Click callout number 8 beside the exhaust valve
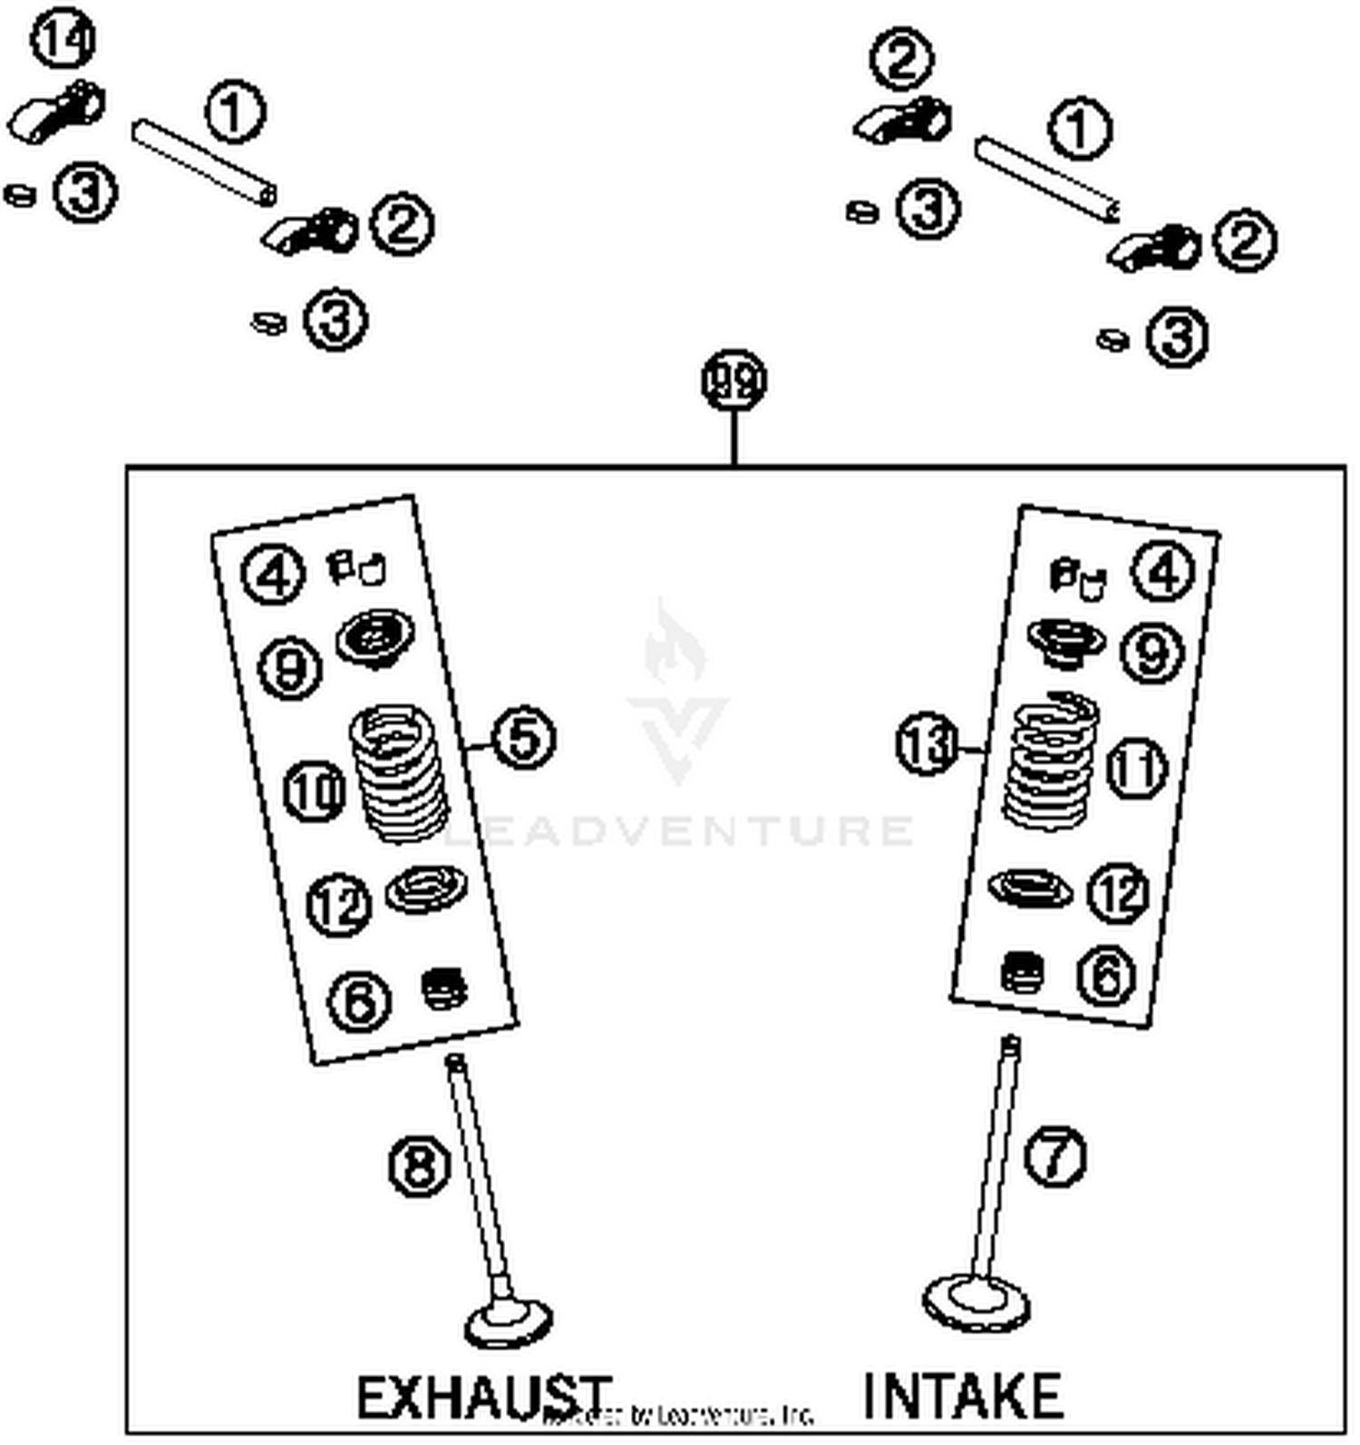pyautogui.click(x=419, y=1166)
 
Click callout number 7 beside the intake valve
pyautogui.click(x=1055, y=1156)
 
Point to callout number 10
pyautogui.click(x=315, y=791)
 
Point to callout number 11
pyautogui.click(x=1138, y=769)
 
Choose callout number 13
pyautogui.click(x=926, y=744)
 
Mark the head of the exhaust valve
pyautogui.click(x=509, y=1324)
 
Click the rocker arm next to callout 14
pyautogui.click(x=56, y=112)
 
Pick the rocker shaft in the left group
pyautogui.click(x=204, y=163)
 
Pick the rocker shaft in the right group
pyautogui.click(x=1046, y=179)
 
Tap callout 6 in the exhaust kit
pyautogui.click(x=359, y=1001)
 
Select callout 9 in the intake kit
pyautogui.click(x=1152, y=653)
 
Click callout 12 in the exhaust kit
pyautogui.click(x=339, y=904)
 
